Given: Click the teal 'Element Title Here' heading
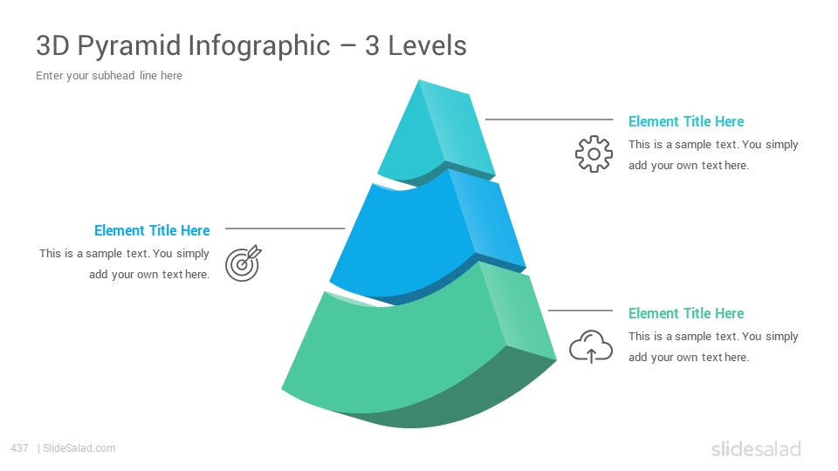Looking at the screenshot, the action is click(x=686, y=122).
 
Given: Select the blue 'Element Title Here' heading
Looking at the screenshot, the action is click(x=152, y=230).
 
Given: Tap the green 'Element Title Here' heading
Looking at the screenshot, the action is click(x=686, y=313).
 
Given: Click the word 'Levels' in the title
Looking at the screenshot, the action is click(x=427, y=46).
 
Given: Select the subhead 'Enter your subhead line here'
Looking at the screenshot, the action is click(x=109, y=76).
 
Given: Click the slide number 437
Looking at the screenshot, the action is click(x=19, y=448).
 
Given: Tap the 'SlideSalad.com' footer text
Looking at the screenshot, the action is click(x=79, y=448).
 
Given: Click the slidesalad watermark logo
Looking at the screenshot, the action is click(x=756, y=449).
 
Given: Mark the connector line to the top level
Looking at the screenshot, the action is click(x=549, y=119).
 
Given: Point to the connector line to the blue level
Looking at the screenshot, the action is click(x=285, y=228).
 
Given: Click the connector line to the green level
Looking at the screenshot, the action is click(x=580, y=311).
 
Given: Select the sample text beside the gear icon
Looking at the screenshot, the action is click(x=713, y=155).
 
